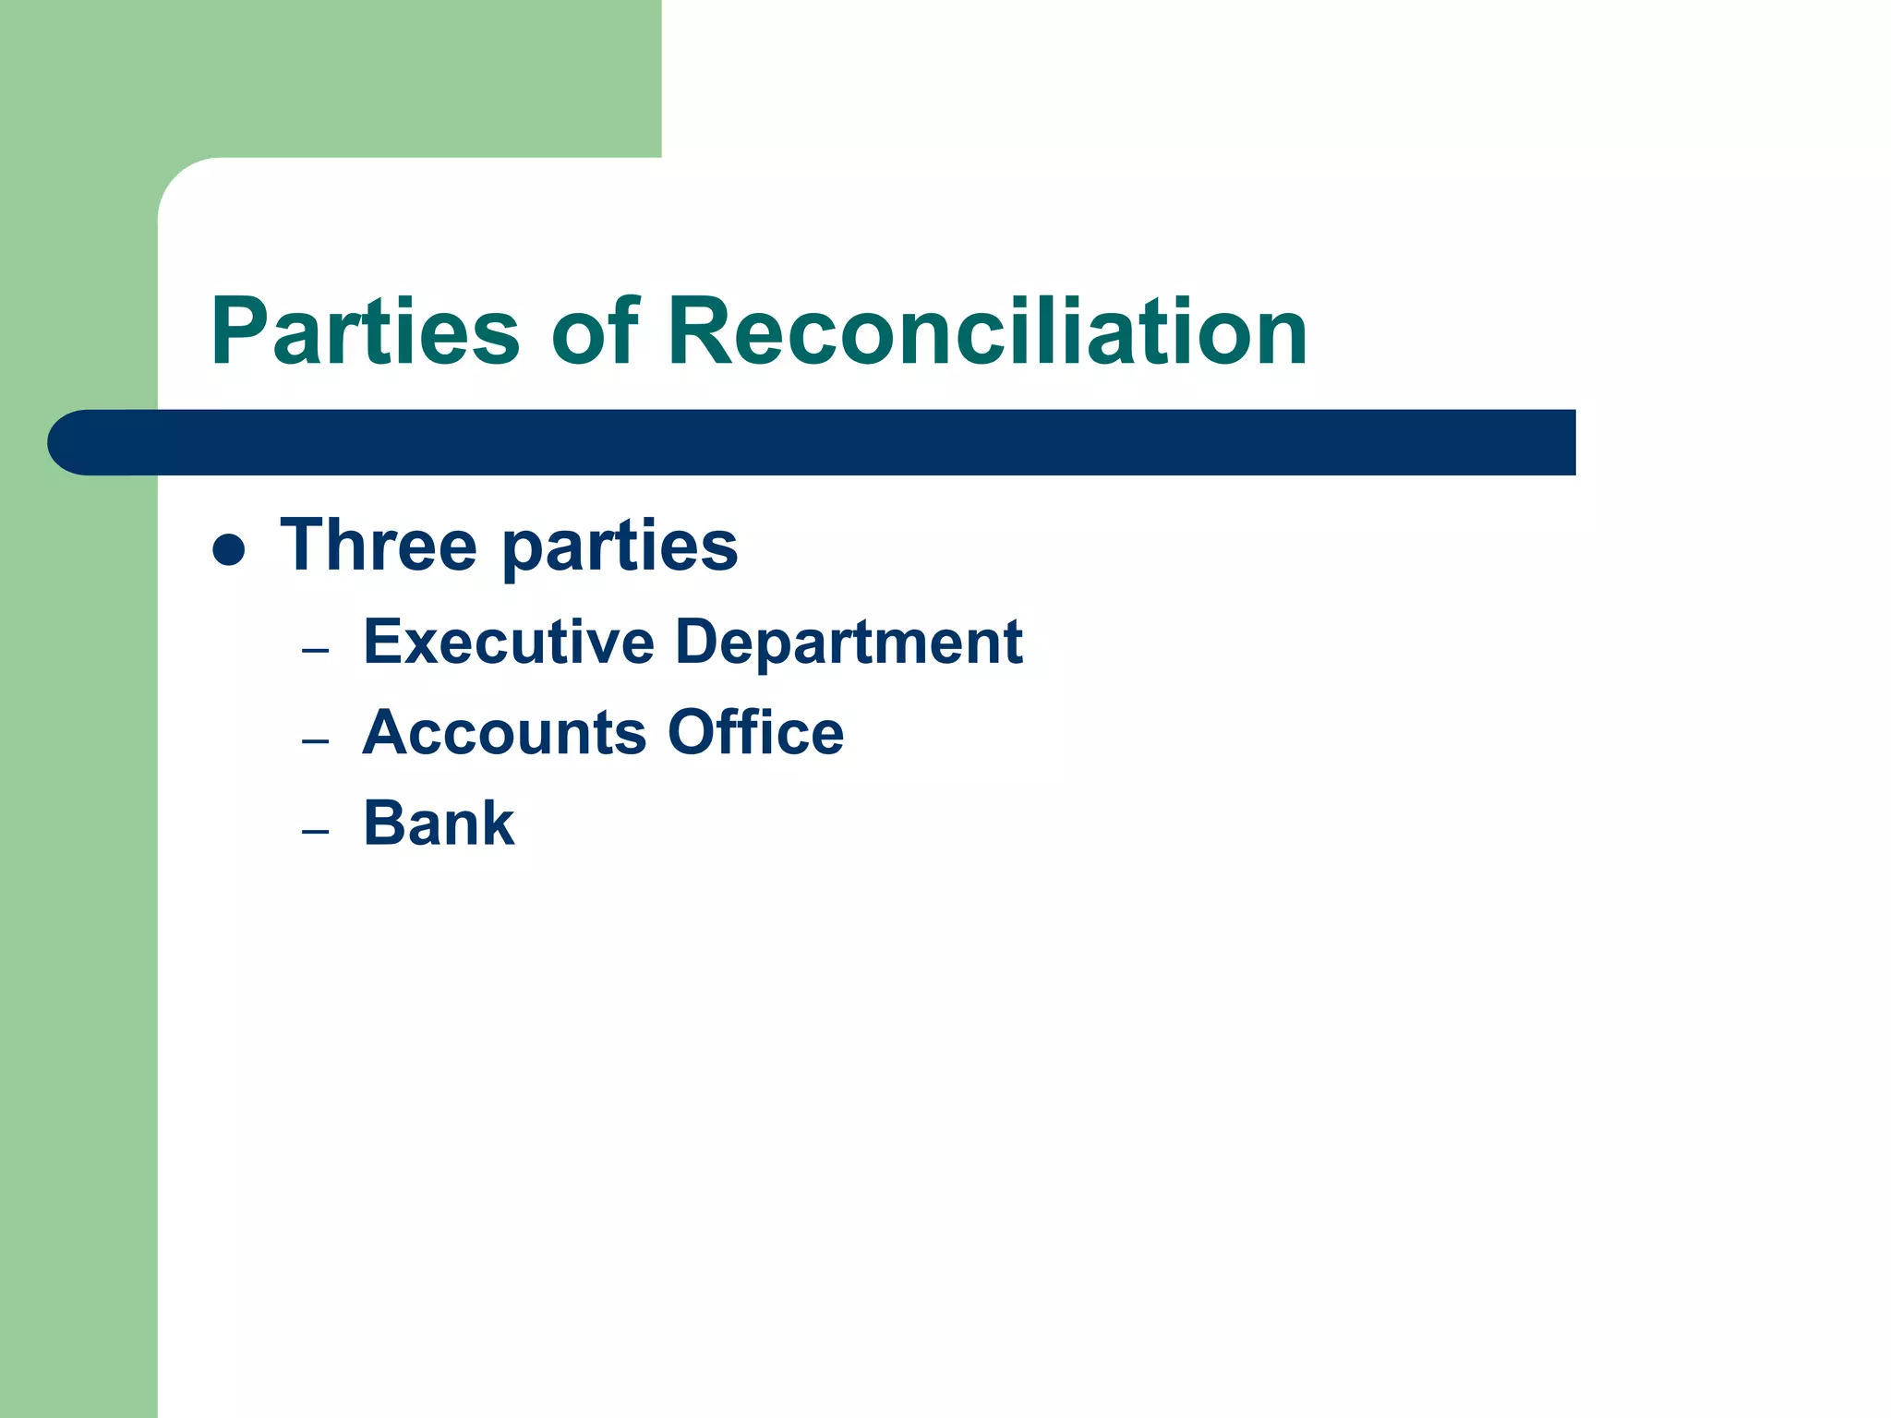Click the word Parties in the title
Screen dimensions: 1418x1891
pyautogui.click(x=365, y=332)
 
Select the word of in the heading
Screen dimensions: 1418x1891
pyautogui.click(x=595, y=332)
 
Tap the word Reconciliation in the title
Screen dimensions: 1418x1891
pyautogui.click(x=987, y=332)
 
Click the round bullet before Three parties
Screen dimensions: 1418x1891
pyautogui.click(x=228, y=550)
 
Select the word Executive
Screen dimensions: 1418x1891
pyautogui.click(x=509, y=642)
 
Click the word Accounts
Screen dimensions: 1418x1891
pyautogui.click(x=504, y=733)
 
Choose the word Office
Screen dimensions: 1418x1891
pyautogui.click(x=755, y=733)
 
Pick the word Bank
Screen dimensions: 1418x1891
pyautogui.click(x=439, y=823)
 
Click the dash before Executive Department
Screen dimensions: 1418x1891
pyautogui.click(x=315, y=651)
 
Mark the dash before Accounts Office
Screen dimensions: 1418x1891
pyautogui.click(x=315, y=741)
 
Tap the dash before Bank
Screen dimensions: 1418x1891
pyautogui.click(x=315, y=832)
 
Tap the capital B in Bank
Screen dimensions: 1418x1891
pyautogui.click(x=385, y=823)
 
